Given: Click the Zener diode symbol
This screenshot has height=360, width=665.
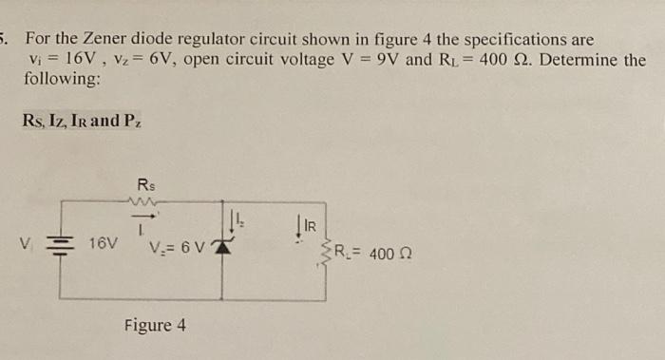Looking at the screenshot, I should [224, 249].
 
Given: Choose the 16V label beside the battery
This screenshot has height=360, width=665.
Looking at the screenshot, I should [104, 243].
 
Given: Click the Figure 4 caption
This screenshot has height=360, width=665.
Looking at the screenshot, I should [155, 326].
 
